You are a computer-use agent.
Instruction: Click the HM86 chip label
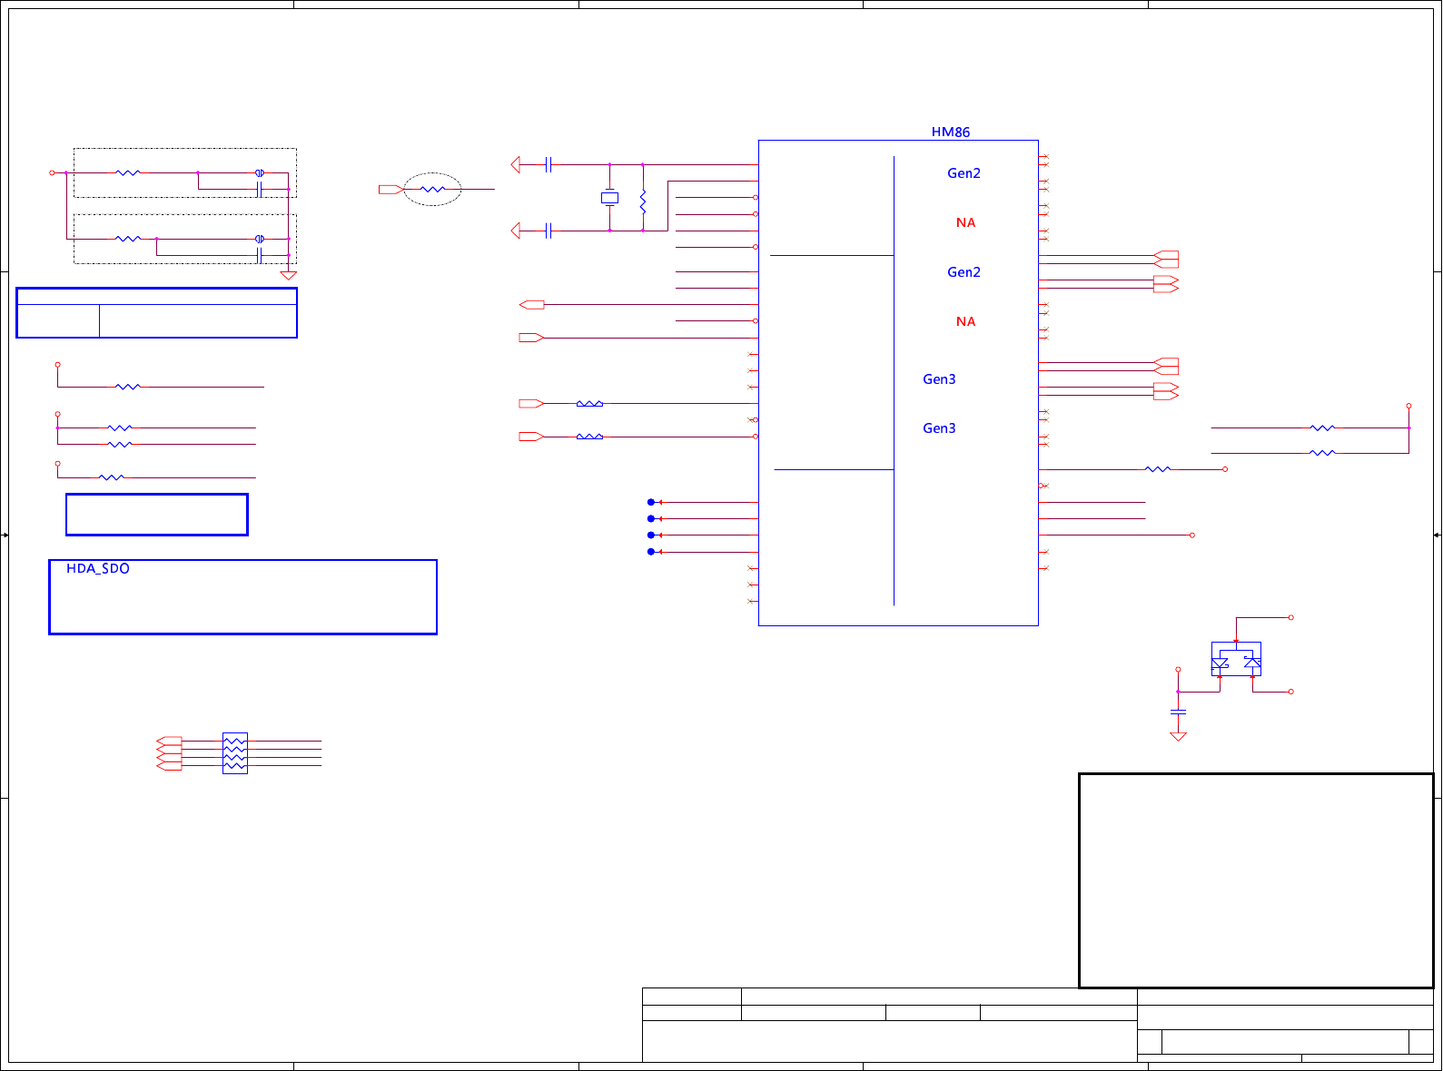[950, 133]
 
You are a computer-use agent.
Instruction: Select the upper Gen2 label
[964, 173]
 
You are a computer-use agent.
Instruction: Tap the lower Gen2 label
[964, 272]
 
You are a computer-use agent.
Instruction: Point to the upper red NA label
[965, 223]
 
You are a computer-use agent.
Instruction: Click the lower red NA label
[965, 322]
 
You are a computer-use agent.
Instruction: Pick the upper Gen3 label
[939, 379]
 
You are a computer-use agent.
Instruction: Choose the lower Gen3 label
[939, 428]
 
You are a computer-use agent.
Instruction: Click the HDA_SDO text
[98, 569]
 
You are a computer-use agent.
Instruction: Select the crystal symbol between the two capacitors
[609, 198]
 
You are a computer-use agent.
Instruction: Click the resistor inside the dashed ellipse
[433, 190]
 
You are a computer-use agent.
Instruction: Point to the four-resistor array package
[234, 753]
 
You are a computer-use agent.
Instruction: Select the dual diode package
[1236, 660]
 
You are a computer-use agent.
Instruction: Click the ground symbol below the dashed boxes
[289, 275]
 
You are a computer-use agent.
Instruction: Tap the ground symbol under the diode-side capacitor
[1178, 736]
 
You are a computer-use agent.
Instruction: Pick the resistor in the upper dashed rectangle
[128, 172]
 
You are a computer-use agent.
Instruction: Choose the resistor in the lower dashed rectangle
[128, 239]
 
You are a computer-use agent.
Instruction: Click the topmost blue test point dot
[651, 502]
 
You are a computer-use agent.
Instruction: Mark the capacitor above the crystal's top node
[549, 164]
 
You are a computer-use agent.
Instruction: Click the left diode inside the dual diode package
[1221, 663]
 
